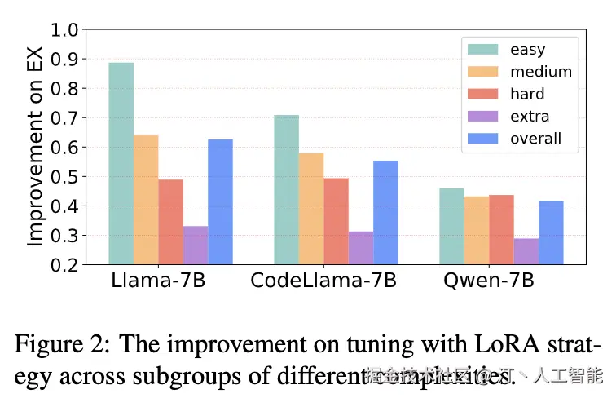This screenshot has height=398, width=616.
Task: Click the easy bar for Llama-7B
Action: [121, 163]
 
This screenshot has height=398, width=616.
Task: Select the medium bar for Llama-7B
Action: [146, 200]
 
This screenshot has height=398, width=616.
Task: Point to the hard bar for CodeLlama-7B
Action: [336, 221]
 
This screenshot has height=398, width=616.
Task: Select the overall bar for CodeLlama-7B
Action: [385, 212]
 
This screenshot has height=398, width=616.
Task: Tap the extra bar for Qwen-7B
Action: [526, 251]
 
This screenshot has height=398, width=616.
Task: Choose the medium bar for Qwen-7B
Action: [476, 230]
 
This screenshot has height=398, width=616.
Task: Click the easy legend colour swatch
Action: [482, 51]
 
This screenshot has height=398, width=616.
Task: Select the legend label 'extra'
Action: [530, 117]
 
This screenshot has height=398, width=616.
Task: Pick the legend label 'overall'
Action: [535, 139]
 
